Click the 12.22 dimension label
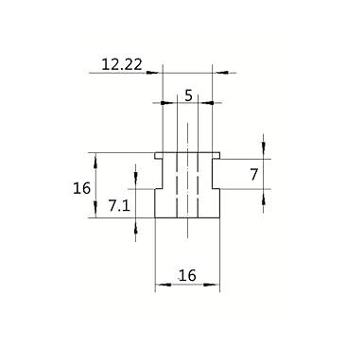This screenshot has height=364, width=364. coord(122,65)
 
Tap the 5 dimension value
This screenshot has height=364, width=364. coord(188,95)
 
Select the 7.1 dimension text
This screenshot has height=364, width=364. coord(119,206)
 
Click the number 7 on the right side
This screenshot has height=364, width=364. coord(254,174)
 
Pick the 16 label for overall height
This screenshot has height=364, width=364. coord(81,188)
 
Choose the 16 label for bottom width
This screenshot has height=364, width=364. coord(187,275)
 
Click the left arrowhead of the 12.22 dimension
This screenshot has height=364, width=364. coord(152,73)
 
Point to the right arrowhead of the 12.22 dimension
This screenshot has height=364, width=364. coord(222,73)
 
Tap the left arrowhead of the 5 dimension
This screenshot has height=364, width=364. coord(166,103)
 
